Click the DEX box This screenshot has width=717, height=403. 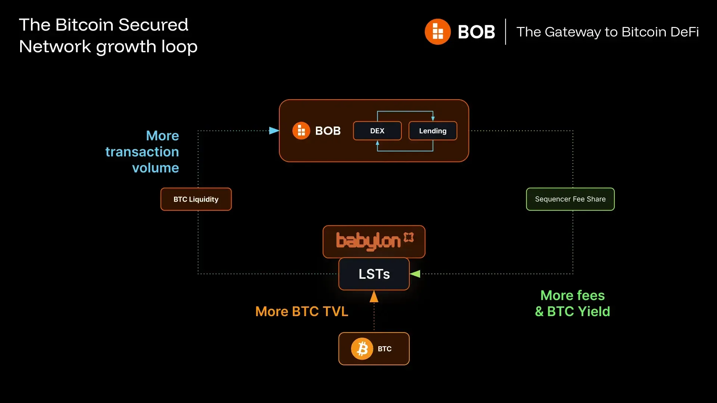(377, 131)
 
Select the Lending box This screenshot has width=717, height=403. (432, 131)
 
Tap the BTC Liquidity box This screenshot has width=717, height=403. (196, 199)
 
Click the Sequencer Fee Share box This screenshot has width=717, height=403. (570, 199)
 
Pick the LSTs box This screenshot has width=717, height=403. (374, 274)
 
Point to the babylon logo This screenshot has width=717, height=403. (374, 241)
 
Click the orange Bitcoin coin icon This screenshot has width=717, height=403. (362, 349)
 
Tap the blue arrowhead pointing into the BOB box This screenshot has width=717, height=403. (274, 131)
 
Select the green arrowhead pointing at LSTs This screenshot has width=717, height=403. (415, 274)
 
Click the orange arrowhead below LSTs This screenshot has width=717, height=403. (374, 297)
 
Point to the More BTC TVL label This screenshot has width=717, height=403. (302, 312)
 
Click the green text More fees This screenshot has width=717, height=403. (572, 296)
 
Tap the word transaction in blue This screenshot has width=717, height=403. (142, 152)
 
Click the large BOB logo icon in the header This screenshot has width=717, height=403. (438, 32)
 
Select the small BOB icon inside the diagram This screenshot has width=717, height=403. (301, 131)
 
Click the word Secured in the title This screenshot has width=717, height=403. (153, 25)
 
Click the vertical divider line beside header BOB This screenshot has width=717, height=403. (506, 32)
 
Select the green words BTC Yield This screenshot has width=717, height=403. (578, 312)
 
